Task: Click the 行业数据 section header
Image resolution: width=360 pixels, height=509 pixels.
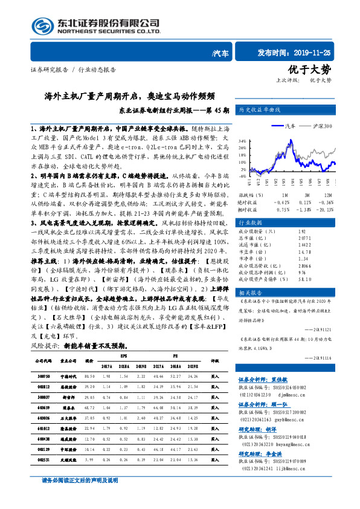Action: [x=252, y=223]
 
